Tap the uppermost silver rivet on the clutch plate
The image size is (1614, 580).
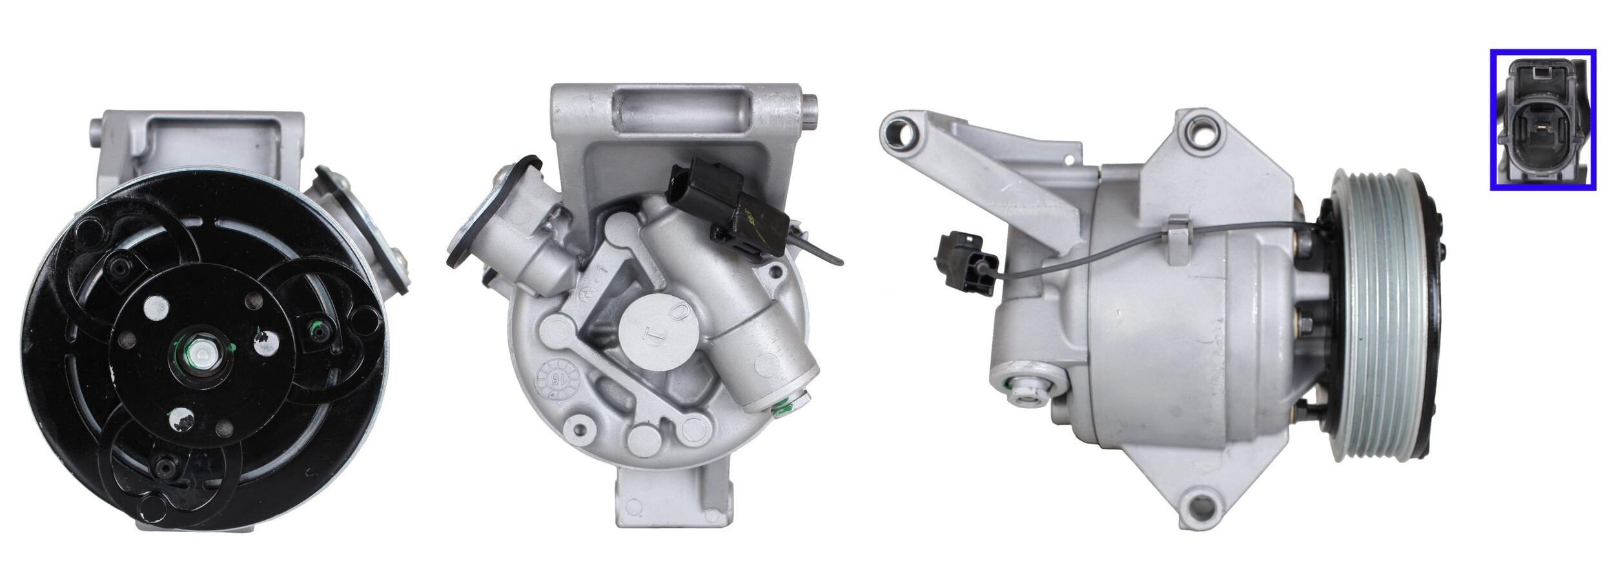(x=154, y=304)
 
